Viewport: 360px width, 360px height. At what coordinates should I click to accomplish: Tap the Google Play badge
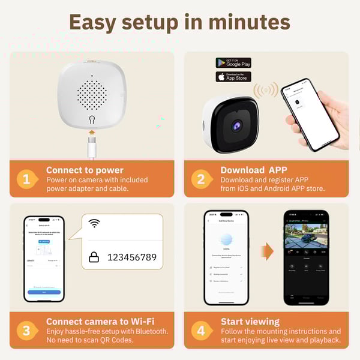233,63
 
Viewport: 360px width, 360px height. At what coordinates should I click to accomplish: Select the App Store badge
233,77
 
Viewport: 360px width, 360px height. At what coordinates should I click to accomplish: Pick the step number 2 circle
200,179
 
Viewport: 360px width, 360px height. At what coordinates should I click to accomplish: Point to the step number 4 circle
200,331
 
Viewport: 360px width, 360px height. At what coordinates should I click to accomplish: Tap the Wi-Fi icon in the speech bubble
94,223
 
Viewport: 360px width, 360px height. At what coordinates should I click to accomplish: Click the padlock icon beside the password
94,257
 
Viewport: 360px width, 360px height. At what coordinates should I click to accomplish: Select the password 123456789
131,257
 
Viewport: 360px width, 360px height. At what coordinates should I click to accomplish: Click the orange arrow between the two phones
267,251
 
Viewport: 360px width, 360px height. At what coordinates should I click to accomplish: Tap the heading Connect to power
85,170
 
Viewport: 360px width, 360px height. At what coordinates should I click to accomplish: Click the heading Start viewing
250,322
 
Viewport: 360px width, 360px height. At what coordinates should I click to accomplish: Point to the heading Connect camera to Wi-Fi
100,322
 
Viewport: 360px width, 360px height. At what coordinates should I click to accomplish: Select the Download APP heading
254,170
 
